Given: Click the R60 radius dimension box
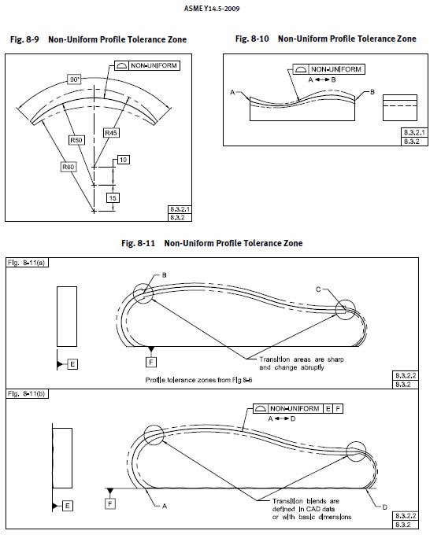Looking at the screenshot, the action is (x=68, y=167).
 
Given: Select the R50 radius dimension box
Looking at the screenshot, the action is (x=76, y=140).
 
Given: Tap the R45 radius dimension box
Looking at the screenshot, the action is (x=111, y=133).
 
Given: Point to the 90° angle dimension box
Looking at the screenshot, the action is (x=74, y=79).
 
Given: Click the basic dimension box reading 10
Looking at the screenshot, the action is (x=124, y=160).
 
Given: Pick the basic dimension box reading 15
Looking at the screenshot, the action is (x=113, y=198).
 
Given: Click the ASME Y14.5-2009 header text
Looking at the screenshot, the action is (x=212, y=9).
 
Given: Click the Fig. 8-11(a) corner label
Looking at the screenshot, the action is (x=27, y=263).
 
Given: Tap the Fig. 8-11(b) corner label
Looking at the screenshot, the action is (x=27, y=394).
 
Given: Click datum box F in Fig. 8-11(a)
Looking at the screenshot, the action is (x=151, y=362).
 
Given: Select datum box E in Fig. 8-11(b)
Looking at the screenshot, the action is (x=67, y=506).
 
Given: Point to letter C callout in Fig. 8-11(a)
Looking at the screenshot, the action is (x=318, y=289).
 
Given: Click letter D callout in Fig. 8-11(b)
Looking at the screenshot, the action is (x=384, y=507).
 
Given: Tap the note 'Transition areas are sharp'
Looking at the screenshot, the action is (x=302, y=359).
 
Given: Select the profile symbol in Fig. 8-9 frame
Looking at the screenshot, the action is (x=121, y=65).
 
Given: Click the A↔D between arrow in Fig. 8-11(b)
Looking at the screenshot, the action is (x=282, y=418).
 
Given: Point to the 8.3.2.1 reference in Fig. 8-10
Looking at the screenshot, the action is (x=414, y=132).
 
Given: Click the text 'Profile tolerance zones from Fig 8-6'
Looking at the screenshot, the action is (x=198, y=380).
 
